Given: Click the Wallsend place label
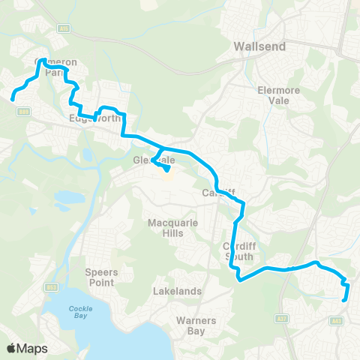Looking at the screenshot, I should (x=259, y=46).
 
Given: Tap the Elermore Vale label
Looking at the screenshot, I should (x=279, y=92).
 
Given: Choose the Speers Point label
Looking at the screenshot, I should (x=100, y=277).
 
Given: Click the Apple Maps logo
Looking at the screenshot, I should (x=26, y=348).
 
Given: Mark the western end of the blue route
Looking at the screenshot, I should (x=13, y=97).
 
